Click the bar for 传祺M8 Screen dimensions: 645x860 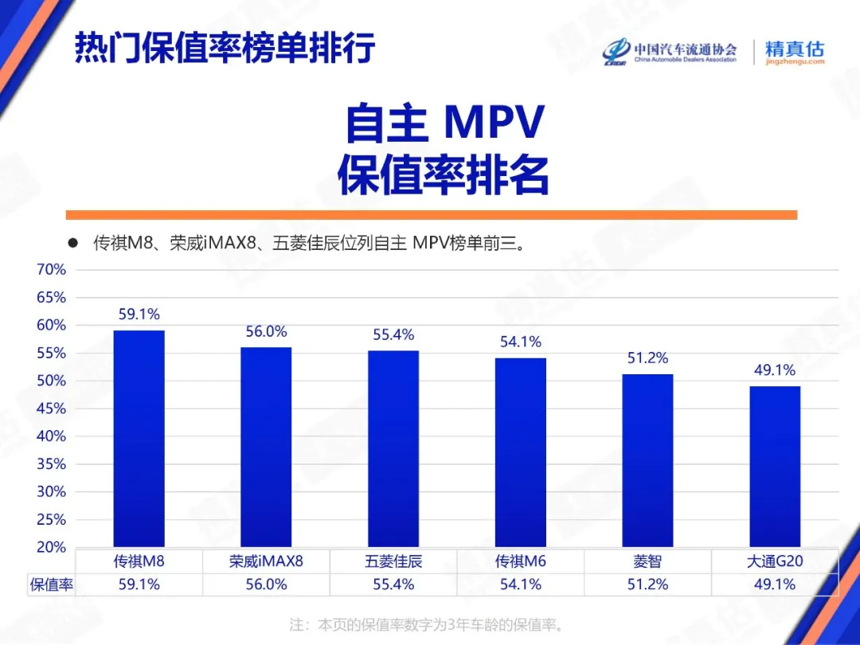pos(139,438)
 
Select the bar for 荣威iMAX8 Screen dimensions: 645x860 pos(266,447)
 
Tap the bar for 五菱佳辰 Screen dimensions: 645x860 pos(393,448)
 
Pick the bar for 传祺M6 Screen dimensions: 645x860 pos(521,452)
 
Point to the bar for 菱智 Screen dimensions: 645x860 pos(647,460)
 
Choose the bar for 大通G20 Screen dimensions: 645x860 pos(775,466)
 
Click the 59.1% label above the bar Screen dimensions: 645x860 pos(139,314)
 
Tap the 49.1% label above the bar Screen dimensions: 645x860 pos(775,369)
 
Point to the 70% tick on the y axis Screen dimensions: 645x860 pos(51,270)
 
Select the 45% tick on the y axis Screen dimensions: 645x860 pos(51,408)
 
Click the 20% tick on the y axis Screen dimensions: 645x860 pos(51,547)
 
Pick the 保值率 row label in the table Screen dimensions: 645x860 pos(52,584)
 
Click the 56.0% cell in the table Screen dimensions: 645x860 pos(266,584)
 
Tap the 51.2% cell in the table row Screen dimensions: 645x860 pos(647,584)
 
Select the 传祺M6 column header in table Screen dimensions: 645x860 pos(521,561)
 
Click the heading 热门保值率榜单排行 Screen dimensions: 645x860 pos(225,49)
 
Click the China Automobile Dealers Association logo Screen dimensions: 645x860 pos(670,52)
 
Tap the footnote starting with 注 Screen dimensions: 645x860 pos(430,623)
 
